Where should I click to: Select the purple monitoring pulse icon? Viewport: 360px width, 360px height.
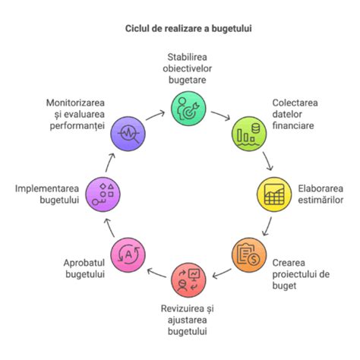click(127, 134)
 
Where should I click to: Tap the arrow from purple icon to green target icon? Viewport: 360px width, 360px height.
click(156, 115)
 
